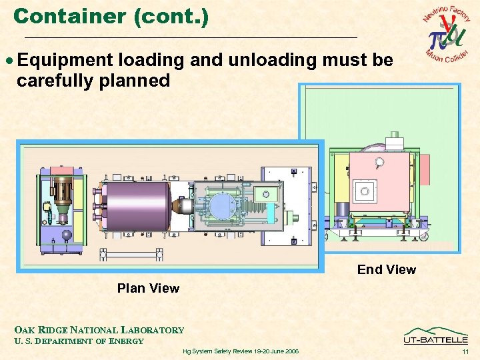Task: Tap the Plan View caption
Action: pos(148,288)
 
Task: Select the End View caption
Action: pos(386,269)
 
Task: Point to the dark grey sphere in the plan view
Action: pos(67,235)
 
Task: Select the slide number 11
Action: pos(465,351)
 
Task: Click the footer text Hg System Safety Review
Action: pos(240,351)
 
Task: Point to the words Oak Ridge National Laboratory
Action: pos(99,329)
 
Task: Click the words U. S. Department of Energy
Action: pos(79,341)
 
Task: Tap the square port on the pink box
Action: pos(365,191)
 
